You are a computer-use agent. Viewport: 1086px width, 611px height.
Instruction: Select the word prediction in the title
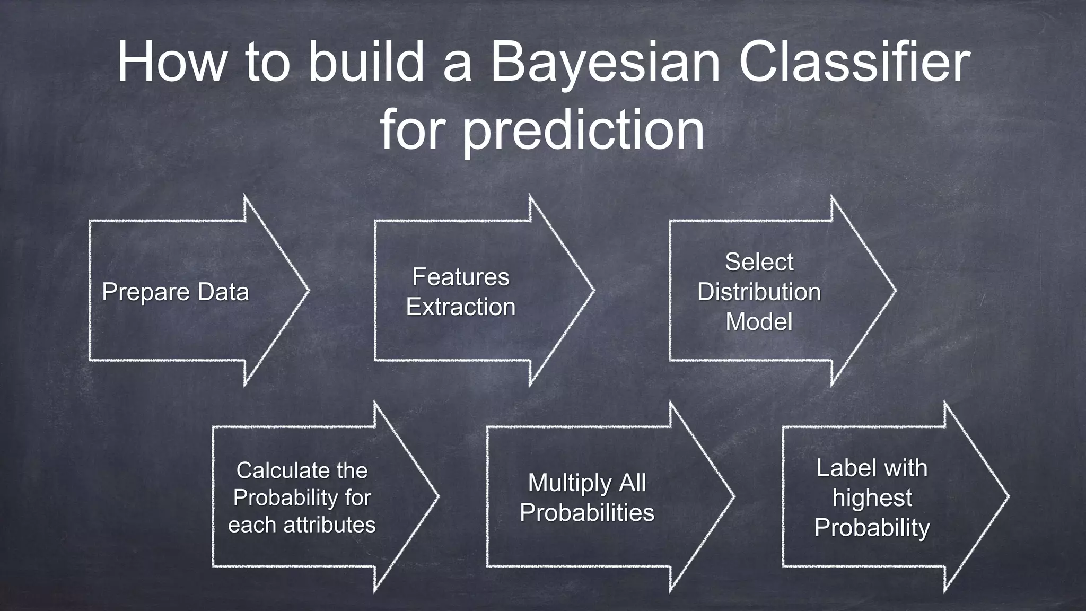click(584, 130)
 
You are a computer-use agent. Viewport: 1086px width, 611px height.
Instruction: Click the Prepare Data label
click(175, 292)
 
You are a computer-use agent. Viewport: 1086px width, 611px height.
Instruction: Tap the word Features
click(460, 277)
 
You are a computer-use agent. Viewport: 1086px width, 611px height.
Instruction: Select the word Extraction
click(460, 307)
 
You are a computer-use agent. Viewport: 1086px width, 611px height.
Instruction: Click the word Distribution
click(759, 292)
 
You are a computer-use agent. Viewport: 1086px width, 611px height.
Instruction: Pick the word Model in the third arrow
click(759, 321)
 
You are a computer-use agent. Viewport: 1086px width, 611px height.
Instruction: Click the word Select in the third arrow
click(759, 262)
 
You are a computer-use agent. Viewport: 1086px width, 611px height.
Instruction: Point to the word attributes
click(330, 525)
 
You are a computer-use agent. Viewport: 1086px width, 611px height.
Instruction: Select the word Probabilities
click(587, 512)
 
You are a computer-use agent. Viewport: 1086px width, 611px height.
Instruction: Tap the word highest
click(872, 497)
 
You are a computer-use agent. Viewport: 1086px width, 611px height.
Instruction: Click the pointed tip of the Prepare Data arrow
click(308, 290)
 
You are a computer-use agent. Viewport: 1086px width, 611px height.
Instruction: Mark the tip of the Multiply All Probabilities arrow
click(733, 496)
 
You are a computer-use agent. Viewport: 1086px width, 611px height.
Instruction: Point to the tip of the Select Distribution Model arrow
click(895, 290)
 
